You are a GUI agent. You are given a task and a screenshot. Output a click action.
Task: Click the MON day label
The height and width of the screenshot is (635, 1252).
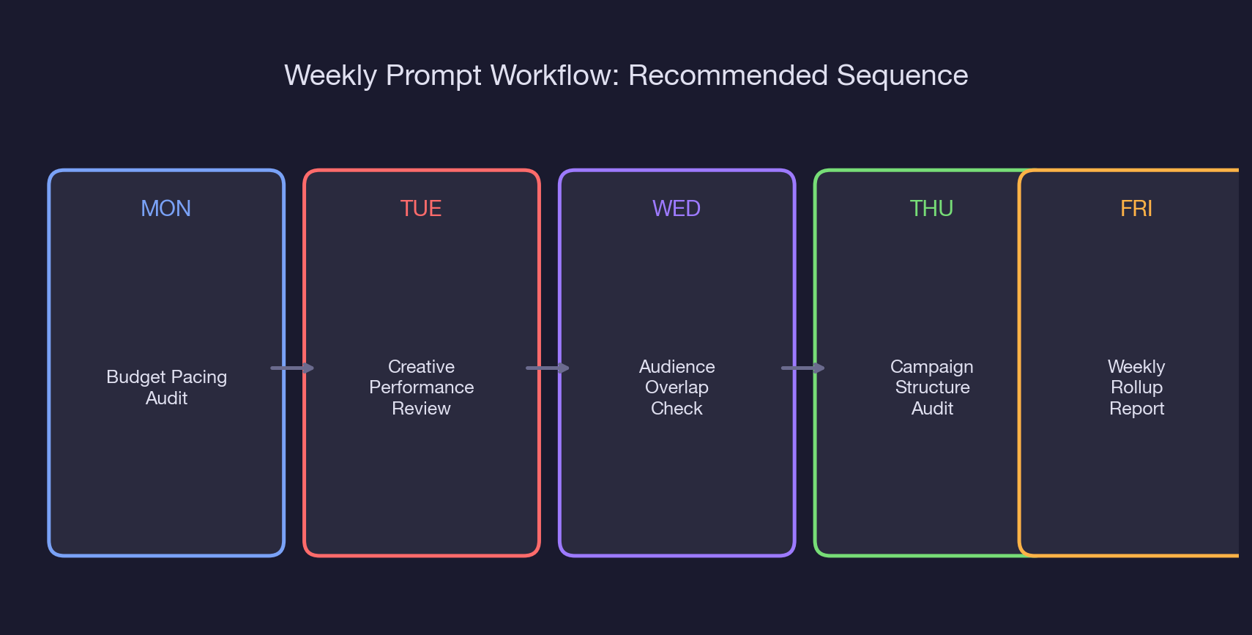[x=165, y=209]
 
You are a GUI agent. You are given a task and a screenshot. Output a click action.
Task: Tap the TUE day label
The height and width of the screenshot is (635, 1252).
[x=421, y=209]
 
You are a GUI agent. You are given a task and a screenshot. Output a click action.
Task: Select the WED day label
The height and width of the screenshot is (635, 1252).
[x=676, y=209]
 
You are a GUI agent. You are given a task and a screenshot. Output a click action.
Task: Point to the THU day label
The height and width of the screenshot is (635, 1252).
[x=931, y=209]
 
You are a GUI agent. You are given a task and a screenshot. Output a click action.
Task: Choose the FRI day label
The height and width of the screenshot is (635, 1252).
[x=1136, y=209]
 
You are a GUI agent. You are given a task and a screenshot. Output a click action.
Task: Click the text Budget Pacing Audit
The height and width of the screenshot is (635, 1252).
[x=166, y=387]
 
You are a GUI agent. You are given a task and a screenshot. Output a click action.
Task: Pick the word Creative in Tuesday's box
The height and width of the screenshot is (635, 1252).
[x=421, y=366]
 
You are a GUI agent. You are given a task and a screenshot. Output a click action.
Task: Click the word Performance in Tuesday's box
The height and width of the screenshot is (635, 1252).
[x=421, y=387]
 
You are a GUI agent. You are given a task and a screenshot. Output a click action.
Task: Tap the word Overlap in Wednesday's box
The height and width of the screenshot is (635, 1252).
[x=677, y=387]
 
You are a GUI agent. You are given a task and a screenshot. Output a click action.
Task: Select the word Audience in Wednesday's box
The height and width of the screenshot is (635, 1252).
[x=677, y=366]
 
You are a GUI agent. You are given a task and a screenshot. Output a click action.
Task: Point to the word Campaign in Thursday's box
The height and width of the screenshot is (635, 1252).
[x=931, y=366]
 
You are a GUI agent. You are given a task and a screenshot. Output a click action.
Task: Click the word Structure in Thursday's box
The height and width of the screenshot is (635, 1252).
[x=932, y=387]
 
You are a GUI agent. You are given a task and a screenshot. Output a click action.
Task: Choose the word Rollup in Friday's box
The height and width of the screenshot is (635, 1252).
[x=1136, y=387]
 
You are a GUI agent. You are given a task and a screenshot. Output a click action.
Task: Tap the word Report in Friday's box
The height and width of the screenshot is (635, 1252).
[x=1136, y=408]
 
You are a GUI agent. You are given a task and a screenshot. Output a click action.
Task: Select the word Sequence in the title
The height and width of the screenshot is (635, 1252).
[x=902, y=75]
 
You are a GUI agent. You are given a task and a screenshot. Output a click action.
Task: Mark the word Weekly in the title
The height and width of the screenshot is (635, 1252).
[x=330, y=75]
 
